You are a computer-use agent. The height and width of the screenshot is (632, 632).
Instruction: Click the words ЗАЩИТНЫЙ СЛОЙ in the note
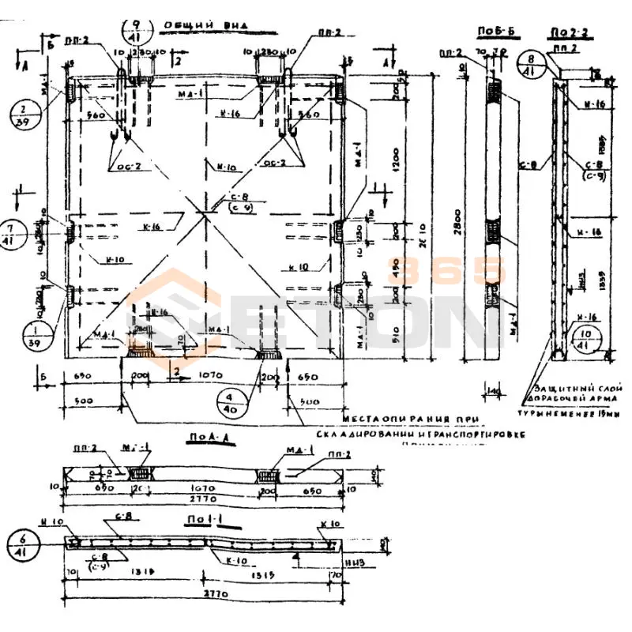coord(563,389)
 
